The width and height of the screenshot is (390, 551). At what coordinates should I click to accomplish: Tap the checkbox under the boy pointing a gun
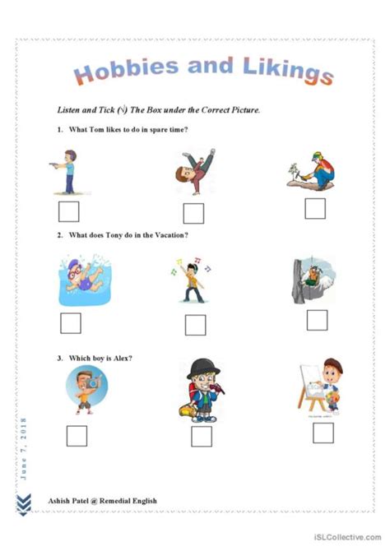pos(69,212)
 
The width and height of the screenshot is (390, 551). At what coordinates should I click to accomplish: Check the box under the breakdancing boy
pos(193,214)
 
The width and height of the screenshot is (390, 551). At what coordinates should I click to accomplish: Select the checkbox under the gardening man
pos(315,208)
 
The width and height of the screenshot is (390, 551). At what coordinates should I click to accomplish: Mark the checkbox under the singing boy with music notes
pos(195,325)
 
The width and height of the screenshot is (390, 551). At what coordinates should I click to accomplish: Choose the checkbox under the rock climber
pos(317,320)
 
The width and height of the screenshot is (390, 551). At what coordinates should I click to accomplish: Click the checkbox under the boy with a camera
pos(77,435)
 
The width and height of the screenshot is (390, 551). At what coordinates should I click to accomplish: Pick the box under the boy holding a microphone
pos(202,437)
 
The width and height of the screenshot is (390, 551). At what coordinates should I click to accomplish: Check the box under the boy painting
pos(323,433)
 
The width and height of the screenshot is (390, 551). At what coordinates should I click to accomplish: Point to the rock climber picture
pos(314,280)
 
